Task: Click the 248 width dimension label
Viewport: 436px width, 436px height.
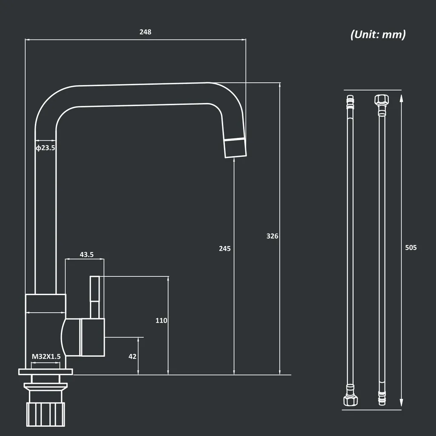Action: tap(145, 32)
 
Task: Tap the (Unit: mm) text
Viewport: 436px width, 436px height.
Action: tap(378, 34)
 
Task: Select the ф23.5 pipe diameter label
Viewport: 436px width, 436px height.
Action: tap(45, 148)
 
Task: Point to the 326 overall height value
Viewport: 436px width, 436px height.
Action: tap(272, 236)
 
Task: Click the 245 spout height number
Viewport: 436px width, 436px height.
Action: tap(224, 248)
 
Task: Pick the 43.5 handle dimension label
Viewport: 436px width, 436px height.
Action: tap(86, 255)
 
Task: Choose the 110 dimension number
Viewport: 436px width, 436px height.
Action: tap(161, 320)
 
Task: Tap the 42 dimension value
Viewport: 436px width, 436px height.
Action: tap(132, 356)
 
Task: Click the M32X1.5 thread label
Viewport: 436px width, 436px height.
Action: tap(46, 356)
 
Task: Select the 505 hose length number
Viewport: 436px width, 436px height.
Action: tap(411, 247)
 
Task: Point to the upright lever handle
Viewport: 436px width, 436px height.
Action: tap(95, 296)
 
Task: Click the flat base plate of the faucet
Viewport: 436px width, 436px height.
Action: tap(46, 372)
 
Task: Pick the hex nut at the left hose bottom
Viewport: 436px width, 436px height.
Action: tap(350, 400)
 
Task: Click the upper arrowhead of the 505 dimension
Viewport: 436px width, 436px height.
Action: tap(401, 99)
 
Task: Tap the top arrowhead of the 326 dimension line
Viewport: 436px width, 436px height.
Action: tap(279, 86)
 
